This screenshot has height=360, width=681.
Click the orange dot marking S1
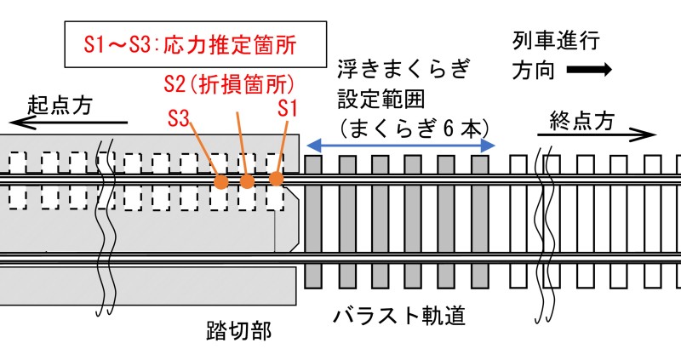(276, 179)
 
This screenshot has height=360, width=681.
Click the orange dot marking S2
(248, 180)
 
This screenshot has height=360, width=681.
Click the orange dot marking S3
(221, 181)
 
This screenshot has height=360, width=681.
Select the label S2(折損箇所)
(228, 84)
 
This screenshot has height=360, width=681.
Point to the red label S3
(178, 117)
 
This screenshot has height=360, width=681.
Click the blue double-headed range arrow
(400, 145)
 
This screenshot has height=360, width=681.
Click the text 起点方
(60, 105)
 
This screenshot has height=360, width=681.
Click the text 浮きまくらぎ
(403, 68)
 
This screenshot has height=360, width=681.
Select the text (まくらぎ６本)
(412, 128)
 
